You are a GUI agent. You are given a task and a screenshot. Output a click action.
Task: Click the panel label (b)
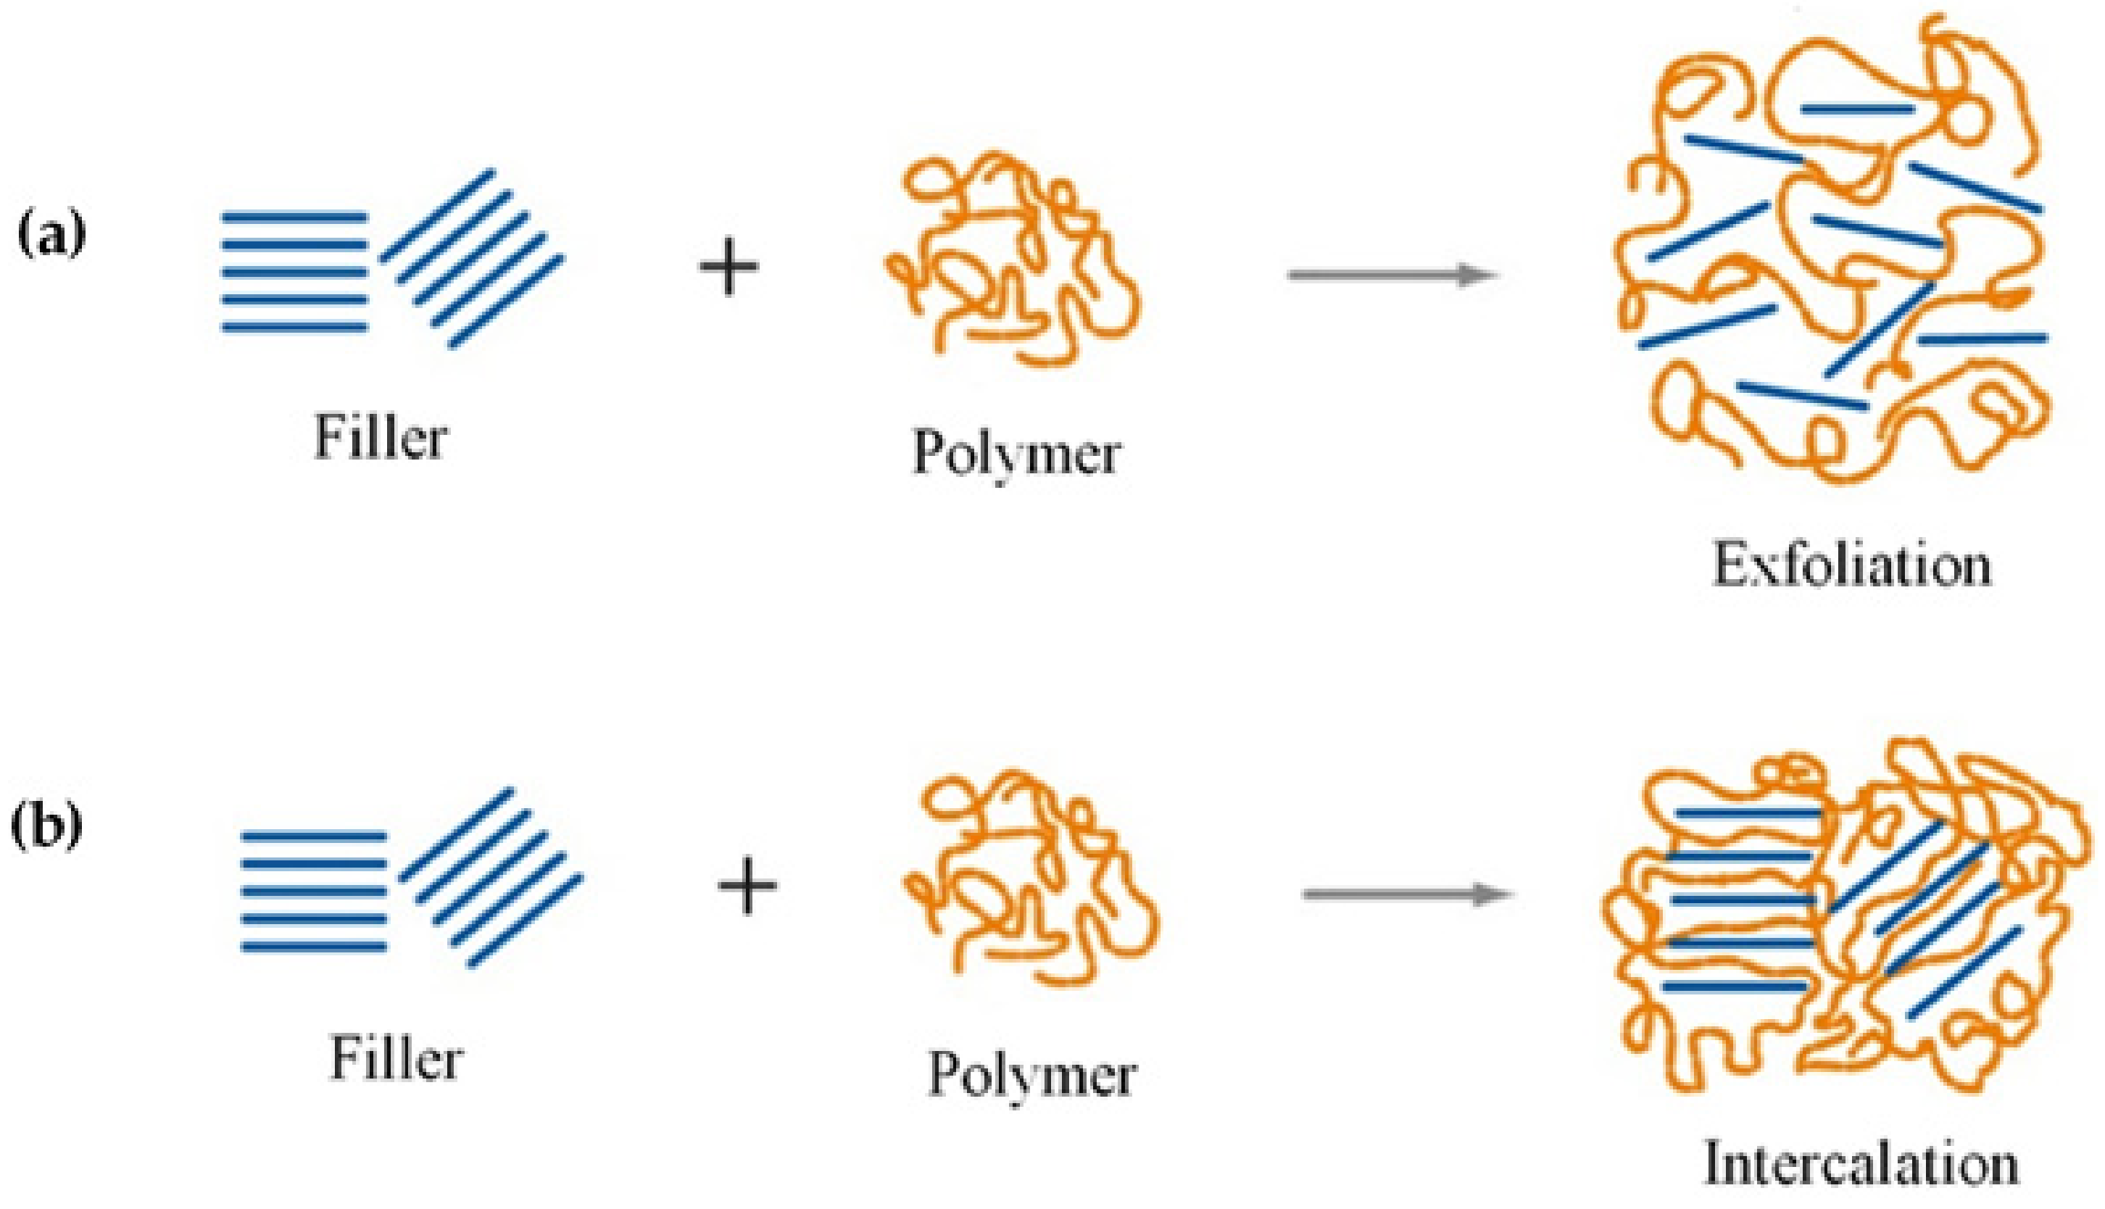tap(46, 829)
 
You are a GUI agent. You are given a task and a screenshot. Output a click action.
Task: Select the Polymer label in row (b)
tap(1032, 1076)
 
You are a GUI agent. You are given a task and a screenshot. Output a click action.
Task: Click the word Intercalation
tap(1861, 1165)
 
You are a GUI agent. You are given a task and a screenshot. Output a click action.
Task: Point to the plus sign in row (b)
tap(747, 885)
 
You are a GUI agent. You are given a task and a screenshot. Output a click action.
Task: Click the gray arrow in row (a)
tap(1391, 275)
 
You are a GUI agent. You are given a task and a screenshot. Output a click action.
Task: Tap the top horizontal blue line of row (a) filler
tap(295, 217)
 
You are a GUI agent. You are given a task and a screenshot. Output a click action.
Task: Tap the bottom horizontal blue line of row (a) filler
tap(295, 327)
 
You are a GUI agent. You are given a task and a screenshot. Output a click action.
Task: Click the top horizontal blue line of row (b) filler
tap(314, 836)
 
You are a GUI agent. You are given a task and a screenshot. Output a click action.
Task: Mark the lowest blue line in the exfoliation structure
tap(1802, 395)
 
